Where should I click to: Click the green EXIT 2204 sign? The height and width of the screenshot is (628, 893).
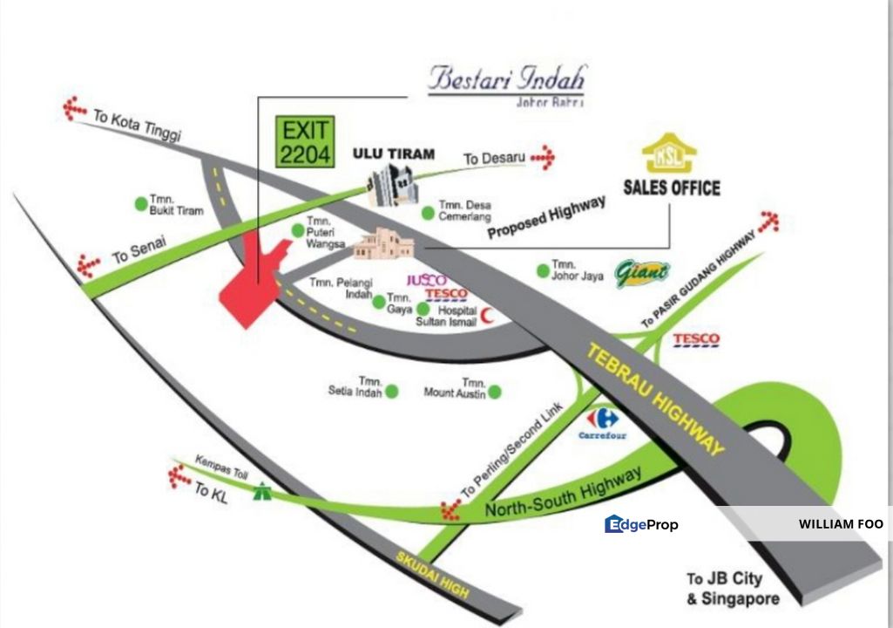coord(304,142)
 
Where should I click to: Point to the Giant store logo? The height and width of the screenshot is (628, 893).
coord(642,274)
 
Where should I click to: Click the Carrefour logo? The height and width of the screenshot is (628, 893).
coord(602,421)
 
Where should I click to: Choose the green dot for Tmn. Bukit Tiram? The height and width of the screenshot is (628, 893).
coord(140,204)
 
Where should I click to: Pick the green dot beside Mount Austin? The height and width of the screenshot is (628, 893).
coord(495,392)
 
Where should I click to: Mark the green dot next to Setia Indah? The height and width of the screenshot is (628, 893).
coord(392,392)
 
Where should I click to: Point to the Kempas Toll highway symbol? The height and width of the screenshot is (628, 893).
coord(260,493)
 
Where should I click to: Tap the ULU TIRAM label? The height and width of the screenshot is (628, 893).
coord(393,154)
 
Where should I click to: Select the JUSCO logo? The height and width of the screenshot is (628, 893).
coord(427,281)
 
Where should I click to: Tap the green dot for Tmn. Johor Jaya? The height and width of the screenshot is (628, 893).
coord(543,270)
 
